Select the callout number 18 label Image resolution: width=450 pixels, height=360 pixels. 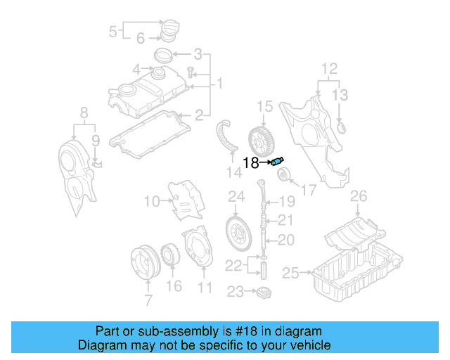[x=251, y=164]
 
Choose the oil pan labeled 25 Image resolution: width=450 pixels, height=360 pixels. [x=355, y=271]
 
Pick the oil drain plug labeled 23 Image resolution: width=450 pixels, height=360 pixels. [x=264, y=292]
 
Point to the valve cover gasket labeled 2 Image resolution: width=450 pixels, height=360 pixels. [x=154, y=133]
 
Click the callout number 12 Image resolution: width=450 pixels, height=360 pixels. [x=330, y=68]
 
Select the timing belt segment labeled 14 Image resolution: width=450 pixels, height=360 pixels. [x=225, y=134]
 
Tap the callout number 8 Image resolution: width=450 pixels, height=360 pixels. [x=84, y=111]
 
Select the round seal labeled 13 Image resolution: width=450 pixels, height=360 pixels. [x=342, y=128]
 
